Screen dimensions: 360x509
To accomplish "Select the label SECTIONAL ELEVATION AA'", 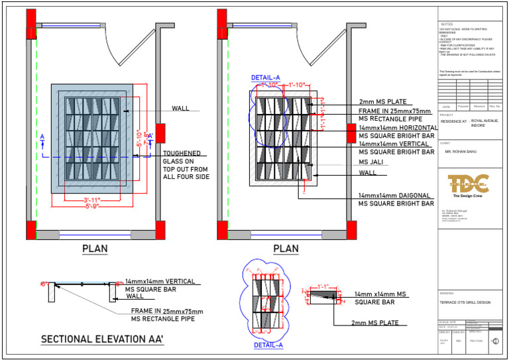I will click(102, 339).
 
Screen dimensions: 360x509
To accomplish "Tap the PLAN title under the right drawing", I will click(286, 249).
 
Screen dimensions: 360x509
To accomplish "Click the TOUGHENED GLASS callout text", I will click(186, 165).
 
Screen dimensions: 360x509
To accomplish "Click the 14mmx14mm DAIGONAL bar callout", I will click(396, 200).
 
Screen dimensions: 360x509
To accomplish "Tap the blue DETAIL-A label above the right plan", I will click(266, 78).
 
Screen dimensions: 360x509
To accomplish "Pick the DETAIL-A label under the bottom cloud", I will click(268, 345).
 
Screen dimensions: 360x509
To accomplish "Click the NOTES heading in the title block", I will click(447, 25).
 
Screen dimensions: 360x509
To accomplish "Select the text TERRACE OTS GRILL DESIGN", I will click(465, 302).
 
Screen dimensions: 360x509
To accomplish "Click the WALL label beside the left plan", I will click(180, 109).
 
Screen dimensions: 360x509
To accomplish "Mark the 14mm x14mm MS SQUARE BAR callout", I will click(380, 298).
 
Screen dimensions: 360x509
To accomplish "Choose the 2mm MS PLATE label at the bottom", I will click(375, 323).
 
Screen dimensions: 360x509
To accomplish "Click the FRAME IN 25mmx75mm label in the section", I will click(167, 314).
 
